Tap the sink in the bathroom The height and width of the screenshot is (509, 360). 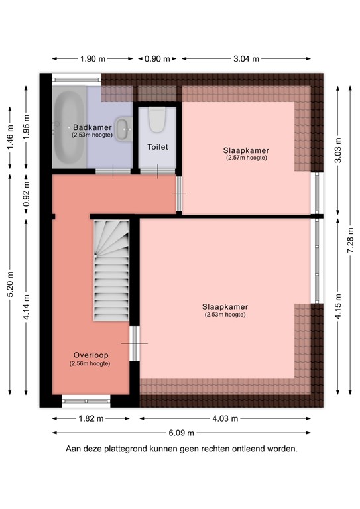point(123,127)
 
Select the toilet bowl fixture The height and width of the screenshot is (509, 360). point(156,120)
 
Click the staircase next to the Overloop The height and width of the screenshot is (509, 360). point(111,270)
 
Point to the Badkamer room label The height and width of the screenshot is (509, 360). point(91,127)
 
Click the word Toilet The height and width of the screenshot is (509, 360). point(157,147)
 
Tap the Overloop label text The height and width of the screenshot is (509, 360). point(90,355)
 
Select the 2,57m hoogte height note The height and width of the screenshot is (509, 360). point(246,158)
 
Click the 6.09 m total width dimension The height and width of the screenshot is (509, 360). point(181,433)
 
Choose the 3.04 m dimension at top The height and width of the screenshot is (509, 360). point(246,59)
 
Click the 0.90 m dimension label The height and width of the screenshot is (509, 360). point(157,59)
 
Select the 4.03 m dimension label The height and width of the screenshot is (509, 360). point(225,419)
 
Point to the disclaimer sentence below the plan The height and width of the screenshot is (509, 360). point(181,449)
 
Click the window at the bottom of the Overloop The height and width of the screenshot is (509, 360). point(86,400)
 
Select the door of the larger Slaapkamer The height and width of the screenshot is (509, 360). point(135,343)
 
